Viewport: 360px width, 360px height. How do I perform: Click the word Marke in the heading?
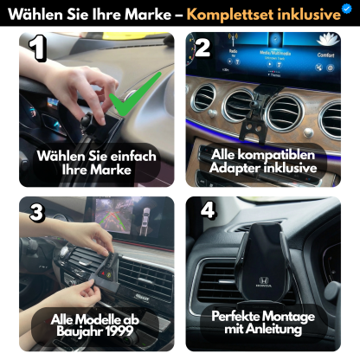click(147, 14)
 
